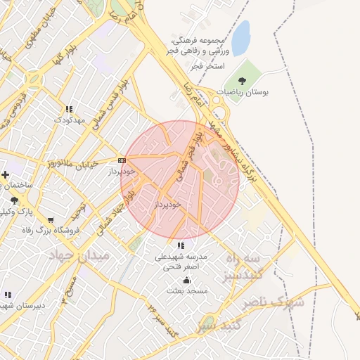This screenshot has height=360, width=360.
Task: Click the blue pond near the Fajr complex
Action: point(240,38)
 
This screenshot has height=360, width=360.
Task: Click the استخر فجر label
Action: point(207,65)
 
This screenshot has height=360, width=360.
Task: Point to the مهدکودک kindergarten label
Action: point(70,120)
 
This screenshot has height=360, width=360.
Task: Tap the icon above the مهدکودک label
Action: point(69,109)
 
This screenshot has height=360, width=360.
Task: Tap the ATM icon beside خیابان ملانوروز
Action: point(122,160)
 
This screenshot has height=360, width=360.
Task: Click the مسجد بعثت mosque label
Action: point(186,290)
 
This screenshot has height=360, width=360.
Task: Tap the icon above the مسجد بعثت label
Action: point(186,280)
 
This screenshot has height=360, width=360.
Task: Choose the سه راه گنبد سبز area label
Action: point(245,267)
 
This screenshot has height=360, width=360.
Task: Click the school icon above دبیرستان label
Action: point(8,295)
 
